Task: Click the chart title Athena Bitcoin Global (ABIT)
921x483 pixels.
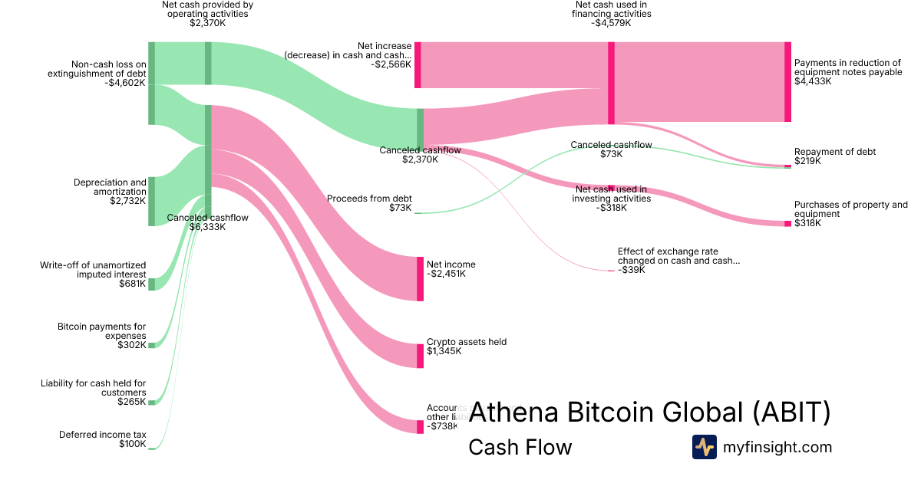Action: click(649, 412)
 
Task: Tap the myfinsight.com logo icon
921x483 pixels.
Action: click(704, 447)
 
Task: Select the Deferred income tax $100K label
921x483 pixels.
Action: click(103, 439)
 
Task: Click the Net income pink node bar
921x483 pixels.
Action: click(420, 279)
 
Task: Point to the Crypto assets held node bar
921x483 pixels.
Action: click(420, 356)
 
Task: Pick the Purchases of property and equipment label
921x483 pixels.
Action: click(850, 214)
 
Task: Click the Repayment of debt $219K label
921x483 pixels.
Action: click(835, 156)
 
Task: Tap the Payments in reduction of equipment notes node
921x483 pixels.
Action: click(787, 82)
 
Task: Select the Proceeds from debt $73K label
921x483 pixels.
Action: click(369, 203)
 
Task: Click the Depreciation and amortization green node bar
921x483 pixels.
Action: click(151, 201)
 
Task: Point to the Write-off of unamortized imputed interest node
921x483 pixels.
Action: click(151, 284)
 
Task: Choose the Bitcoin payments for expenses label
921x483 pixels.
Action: click(101, 336)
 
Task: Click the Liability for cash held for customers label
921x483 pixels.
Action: click(93, 393)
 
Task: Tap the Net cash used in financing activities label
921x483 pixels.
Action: click(611, 14)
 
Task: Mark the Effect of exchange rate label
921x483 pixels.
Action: click(678, 261)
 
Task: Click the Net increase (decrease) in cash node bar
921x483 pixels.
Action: click(418, 65)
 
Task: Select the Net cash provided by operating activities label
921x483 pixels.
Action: click(207, 14)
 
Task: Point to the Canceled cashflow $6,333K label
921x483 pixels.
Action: click(207, 222)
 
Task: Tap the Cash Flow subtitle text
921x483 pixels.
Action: click(520, 448)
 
